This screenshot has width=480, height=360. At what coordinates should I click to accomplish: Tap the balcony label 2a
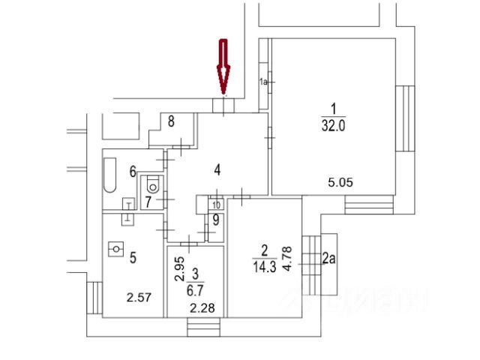point(327,259)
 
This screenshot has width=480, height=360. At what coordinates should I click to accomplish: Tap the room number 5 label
point(133,258)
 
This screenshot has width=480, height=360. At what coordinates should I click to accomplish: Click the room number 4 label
point(217,170)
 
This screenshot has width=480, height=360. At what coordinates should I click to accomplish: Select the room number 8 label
point(171,121)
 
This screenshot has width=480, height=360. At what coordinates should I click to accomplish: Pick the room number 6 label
point(132,172)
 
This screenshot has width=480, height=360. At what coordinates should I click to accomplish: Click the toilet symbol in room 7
point(154,183)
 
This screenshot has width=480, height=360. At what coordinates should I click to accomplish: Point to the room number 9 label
point(215,220)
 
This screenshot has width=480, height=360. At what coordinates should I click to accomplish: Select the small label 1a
point(263,81)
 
